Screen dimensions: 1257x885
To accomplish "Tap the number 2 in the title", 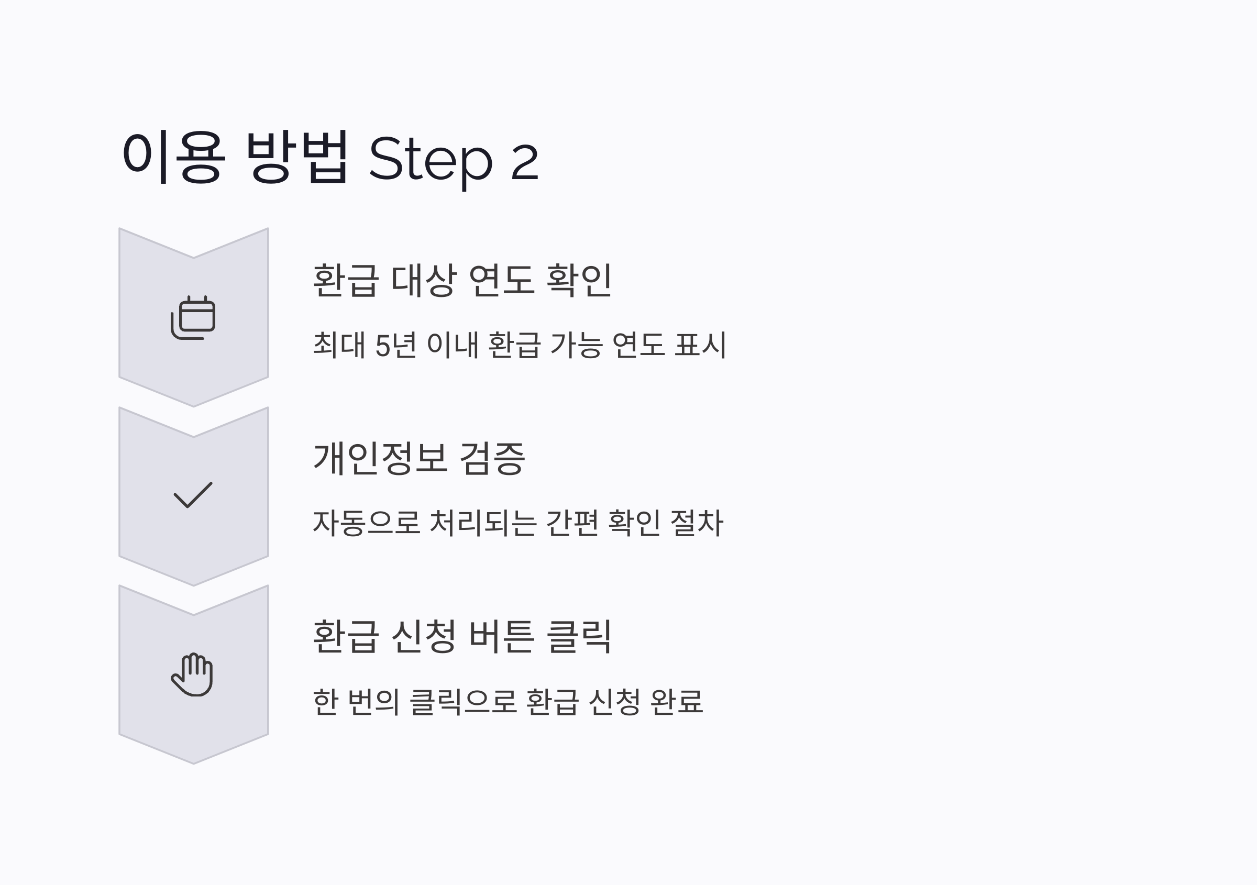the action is point(524,161).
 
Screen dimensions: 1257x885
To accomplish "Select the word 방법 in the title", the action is point(297,157).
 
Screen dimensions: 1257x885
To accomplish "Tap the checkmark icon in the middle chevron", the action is point(193,495).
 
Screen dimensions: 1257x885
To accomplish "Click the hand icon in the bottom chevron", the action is point(192,674).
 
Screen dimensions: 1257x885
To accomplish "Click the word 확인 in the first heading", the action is point(579,280).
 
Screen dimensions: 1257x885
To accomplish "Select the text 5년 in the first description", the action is point(396,345).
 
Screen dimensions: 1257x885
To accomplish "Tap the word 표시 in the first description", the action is point(700,345).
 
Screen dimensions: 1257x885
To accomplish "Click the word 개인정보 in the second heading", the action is point(380,458).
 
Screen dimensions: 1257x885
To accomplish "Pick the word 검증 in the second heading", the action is point(492,458).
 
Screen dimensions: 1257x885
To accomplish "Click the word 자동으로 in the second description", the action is point(366,523).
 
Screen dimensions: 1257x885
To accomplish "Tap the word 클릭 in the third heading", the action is point(579,637).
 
